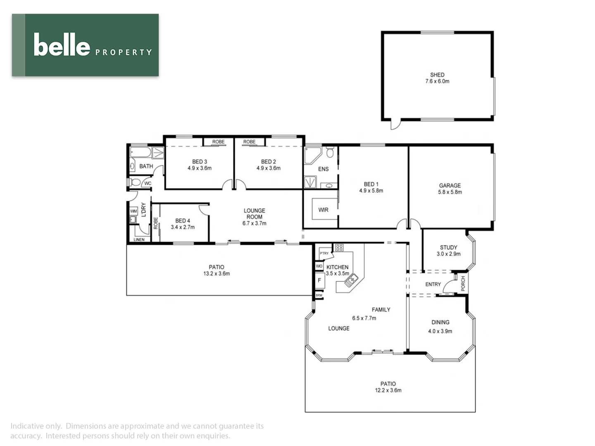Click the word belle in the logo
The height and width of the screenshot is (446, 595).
tap(62, 45)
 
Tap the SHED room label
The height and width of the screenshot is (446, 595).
tap(437, 75)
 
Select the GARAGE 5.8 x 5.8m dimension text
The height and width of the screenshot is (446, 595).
tap(450, 192)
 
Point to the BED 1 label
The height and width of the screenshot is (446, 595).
tap(371, 184)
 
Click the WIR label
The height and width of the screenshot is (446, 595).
tap(323, 210)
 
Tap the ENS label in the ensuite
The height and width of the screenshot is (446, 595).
tap(323, 169)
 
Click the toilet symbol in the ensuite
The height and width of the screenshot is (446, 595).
tap(330, 152)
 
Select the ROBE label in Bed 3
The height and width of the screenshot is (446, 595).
tap(218, 142)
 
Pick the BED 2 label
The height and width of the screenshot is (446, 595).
tap(268, 161)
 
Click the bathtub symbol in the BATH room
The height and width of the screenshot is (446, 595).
tap(140, 153)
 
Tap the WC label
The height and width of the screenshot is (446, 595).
tap(148, 183)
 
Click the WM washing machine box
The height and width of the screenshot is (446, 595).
tap(133, 211)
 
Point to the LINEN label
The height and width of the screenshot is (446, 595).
tap(139, 240)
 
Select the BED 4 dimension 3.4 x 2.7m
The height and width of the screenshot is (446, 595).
tap(183, 227)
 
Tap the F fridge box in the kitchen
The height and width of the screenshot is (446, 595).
tap(319, 280)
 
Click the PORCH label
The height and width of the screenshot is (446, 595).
tap(463, 283)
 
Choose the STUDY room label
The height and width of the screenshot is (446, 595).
tap(448, 247)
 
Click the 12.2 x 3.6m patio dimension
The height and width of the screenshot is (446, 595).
tap(388, 390)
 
